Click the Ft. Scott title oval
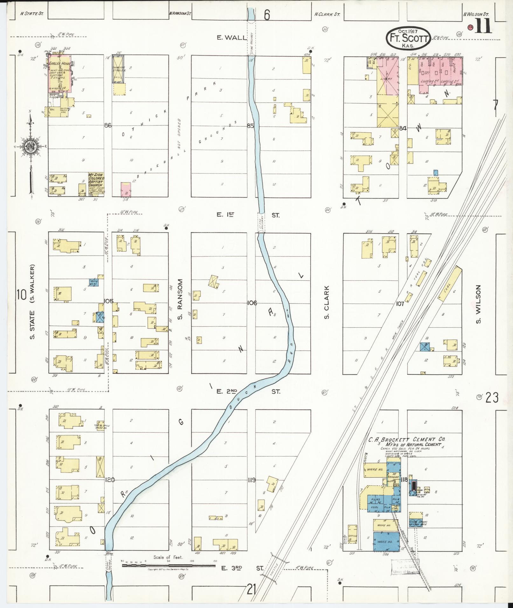[x=408, y=38]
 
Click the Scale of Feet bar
[x=169, y=565]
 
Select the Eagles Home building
[x=59, y=74]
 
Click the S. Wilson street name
[x=478, y=304]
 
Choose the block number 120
[x=109, y=480]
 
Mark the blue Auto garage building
[x=94, y=282]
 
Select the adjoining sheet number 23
[x=492, y=397]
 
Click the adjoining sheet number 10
[x=22, y=295]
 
